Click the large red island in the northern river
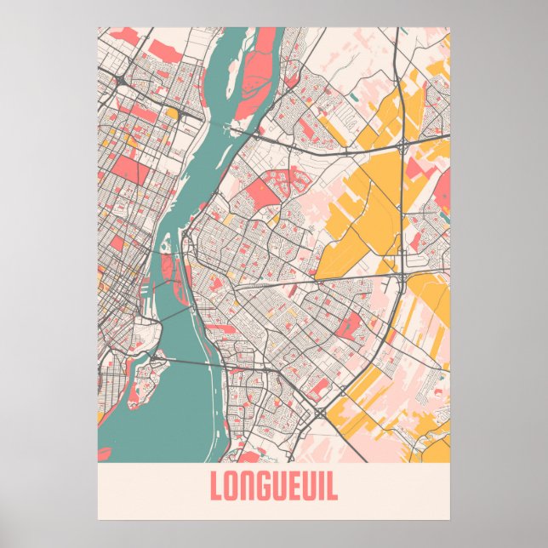coord(259,77)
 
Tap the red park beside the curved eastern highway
coord(349,323)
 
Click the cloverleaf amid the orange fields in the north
coord(399,149)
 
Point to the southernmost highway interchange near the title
coord(318,413)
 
